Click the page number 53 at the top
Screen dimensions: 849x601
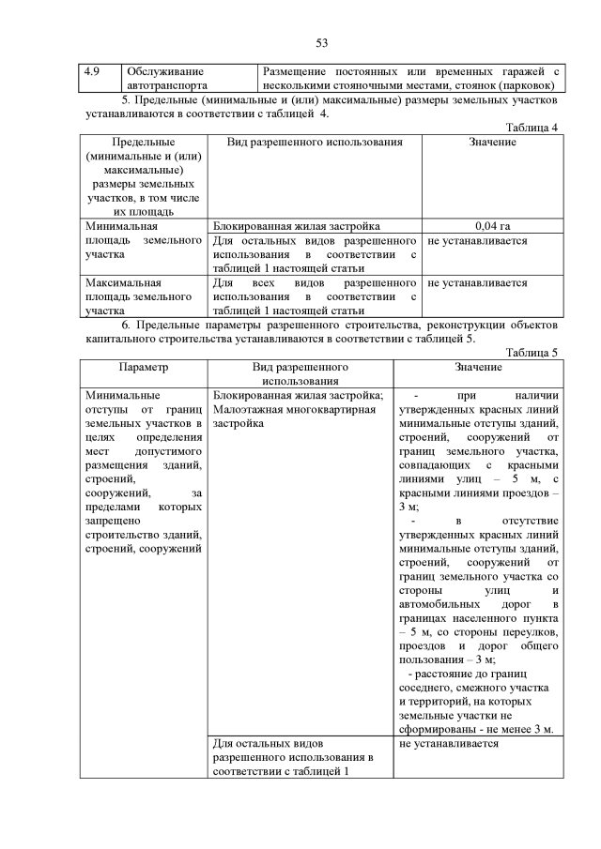click(321, 43)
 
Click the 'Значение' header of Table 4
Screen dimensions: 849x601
click(492, 142)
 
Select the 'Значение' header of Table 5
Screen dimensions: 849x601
click(478, 368)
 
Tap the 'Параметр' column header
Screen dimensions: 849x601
click(144, 368)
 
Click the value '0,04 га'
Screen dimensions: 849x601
click(492, 226)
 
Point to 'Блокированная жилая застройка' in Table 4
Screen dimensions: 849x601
click(297, 226)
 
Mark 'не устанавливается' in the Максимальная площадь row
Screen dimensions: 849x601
click(477, 282)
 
